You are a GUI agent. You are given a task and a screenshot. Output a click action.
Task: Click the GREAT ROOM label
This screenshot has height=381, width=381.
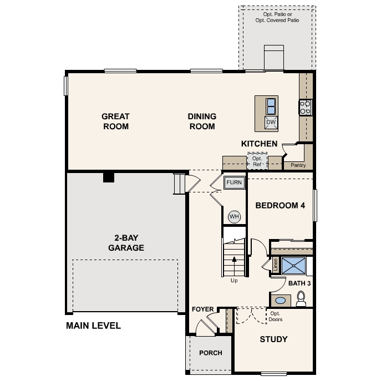115,121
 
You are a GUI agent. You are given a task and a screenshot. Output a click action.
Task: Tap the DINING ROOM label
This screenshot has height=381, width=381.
202,121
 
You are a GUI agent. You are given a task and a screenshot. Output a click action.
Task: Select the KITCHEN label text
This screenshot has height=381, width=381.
259,144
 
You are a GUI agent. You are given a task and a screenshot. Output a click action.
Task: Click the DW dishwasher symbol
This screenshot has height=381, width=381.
271,123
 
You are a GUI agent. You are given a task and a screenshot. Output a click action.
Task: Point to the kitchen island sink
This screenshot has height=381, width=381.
271,105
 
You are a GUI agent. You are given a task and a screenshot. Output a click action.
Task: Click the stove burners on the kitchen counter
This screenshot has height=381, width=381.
306,106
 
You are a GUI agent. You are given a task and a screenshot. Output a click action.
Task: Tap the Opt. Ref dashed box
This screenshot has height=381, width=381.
257,161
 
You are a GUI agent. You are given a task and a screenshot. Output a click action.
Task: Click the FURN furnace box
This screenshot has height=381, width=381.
233,182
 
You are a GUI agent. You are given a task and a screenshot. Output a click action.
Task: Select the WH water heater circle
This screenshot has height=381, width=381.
234,216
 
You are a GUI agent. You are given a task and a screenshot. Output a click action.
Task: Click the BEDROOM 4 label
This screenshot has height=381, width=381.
280,205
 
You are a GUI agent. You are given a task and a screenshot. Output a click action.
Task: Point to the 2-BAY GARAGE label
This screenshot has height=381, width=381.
126,243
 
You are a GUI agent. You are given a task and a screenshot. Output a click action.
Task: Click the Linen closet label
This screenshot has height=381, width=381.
275,265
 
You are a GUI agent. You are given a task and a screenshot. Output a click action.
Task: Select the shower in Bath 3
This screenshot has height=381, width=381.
293,266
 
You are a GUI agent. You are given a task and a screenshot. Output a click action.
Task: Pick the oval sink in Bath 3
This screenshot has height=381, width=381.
281,301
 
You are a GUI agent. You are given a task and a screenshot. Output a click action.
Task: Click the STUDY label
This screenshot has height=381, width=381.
273,339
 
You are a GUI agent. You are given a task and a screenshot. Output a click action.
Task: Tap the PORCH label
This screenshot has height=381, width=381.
210,353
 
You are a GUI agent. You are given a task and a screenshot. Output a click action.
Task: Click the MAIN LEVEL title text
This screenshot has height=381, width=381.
93,326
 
